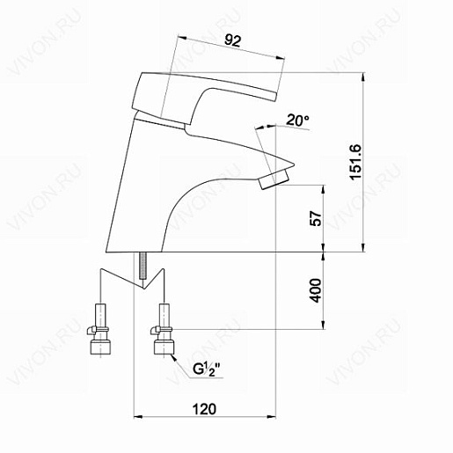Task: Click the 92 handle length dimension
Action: tap(232, 40)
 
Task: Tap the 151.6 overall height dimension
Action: tap(356, 162)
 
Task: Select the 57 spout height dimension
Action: tap(316, 218)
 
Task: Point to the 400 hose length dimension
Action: tap(316, 290)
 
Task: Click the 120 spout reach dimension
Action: tap(204, 409)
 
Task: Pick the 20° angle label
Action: tap(297, 121)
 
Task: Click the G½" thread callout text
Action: tap(207, 369)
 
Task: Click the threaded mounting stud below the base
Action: tap(142, 266)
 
